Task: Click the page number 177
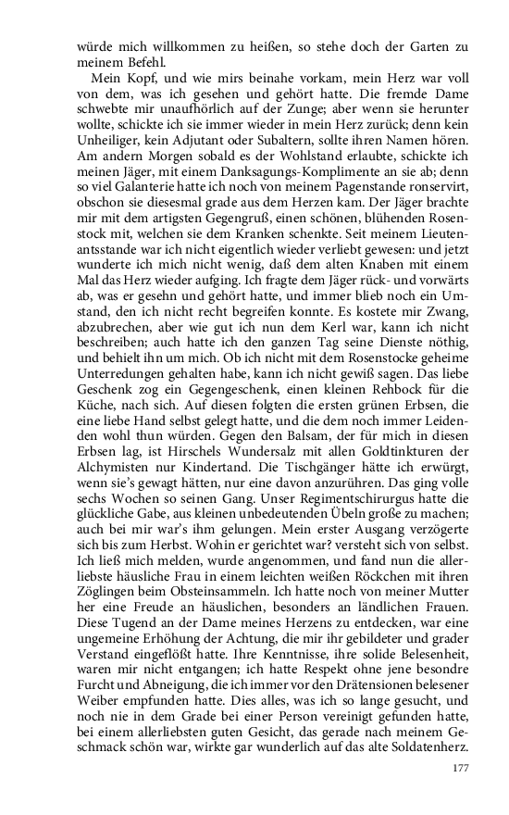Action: pos(463,767)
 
